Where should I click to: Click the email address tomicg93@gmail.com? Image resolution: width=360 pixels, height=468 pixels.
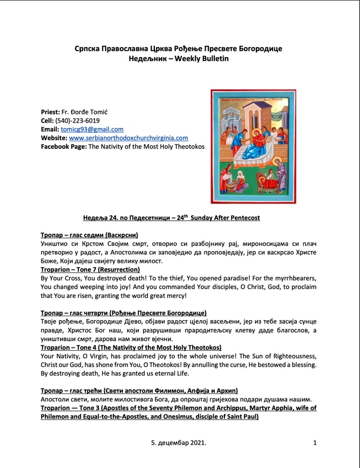tap(92, 130)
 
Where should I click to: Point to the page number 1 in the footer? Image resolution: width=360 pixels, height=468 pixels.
tap(315, 443)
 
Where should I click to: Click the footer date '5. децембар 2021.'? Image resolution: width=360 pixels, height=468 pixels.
tap(179, 443)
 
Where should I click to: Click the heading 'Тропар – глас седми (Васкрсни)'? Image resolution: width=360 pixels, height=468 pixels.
tap(90, 235)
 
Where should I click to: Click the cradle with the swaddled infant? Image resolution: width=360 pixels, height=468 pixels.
tap(266, 186)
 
